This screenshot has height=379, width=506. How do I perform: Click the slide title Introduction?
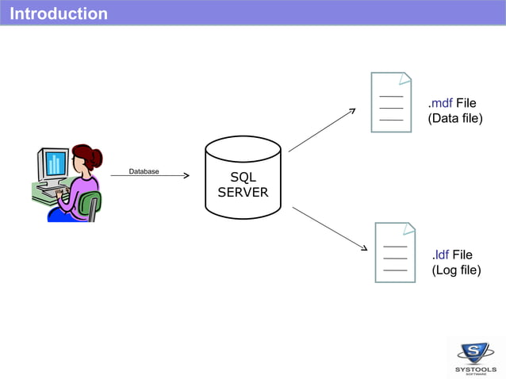(59, 13)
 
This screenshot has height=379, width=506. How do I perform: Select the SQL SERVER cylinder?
(243, 178)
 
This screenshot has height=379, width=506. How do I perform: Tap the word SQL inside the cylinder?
(243, 178)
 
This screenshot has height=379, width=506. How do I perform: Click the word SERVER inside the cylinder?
(243, 193)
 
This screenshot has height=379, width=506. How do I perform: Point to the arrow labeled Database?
(151, 176)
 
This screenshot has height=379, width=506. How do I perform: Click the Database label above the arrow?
(144, 170)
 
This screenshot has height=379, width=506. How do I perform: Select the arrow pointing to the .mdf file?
(322, 129)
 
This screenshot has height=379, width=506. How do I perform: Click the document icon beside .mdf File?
(391, 102)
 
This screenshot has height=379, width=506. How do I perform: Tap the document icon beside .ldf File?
(395, 252)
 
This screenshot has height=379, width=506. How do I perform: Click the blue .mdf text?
(440, 103)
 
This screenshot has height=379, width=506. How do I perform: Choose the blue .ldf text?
(442, 255)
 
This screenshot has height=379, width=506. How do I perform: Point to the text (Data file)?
(455, 119)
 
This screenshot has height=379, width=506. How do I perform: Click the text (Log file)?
(457, 270)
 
